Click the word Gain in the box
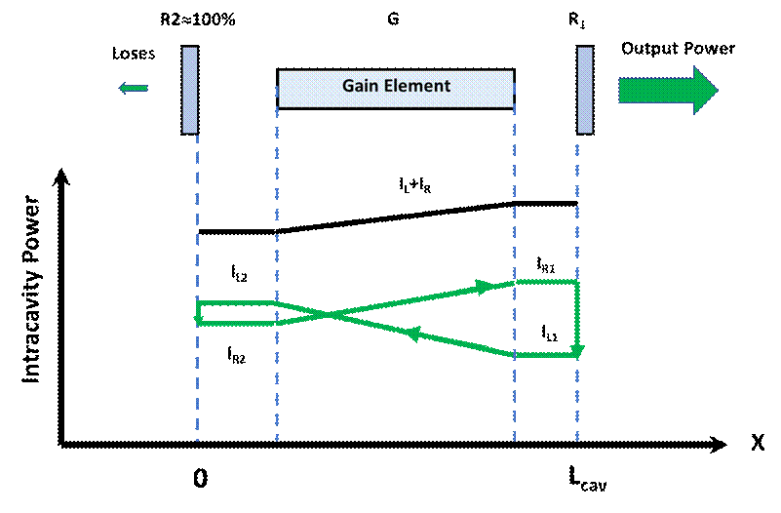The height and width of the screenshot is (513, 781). click(359, 86)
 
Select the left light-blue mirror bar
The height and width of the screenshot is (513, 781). click(190, 90)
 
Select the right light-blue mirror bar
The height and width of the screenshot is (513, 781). click(585, 90)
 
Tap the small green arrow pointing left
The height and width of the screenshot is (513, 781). click(132, 90)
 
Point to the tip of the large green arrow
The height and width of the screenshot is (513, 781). click(717, 91)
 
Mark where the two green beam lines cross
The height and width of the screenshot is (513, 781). click(330, 314)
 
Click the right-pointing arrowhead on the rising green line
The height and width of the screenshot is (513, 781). click(483, 287)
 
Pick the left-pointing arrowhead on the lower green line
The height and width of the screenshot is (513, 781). click(412, 335)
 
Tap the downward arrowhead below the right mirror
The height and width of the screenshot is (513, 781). click(578, 350)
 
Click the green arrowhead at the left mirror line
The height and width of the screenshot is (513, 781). click(198, 318)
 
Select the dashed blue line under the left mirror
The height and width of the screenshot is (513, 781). click(197, 390)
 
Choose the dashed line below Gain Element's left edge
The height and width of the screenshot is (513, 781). click(277, 390)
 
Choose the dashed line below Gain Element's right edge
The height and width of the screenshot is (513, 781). click(514, 400)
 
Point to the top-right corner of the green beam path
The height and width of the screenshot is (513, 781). click(577, 283)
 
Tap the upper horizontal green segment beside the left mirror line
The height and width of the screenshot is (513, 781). click(237, 303)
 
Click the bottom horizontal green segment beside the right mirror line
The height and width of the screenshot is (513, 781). click(546, 356)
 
